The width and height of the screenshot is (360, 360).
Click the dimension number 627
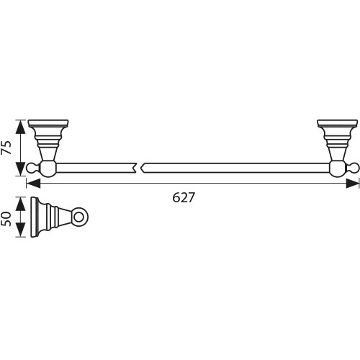click(184, 197)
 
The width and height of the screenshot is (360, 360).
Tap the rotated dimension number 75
click(7, 148)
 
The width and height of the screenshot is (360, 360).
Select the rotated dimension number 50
click(7, 217)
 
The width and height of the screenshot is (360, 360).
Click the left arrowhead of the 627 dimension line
click(32, 184)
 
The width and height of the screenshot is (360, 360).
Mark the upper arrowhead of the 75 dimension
click(22, 124)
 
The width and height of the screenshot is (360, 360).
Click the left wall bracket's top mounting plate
click(48, 122)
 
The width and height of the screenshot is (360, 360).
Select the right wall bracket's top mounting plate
click(337, 122)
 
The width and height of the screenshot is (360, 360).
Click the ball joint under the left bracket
click(48, 169)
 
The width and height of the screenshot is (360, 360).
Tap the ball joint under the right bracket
click(337, 169)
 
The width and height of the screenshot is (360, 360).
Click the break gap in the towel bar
click(139, 168)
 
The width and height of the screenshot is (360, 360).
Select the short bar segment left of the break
click(94, 168)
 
